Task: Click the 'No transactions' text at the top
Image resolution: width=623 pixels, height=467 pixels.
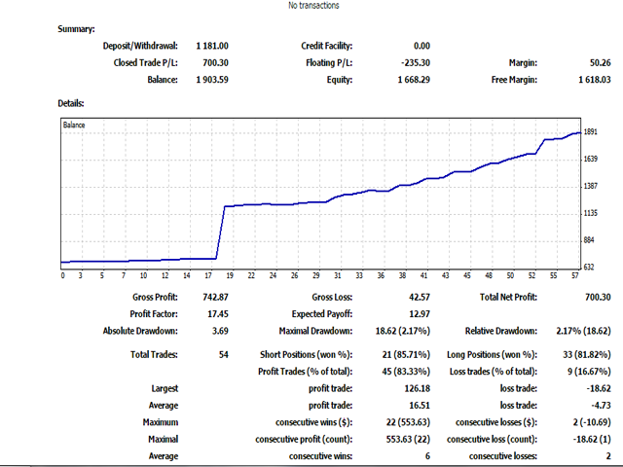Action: pos(313,6)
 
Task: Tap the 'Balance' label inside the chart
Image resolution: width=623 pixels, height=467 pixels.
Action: pos(75,126)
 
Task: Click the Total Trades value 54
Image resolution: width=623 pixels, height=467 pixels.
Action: pos(223,355)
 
